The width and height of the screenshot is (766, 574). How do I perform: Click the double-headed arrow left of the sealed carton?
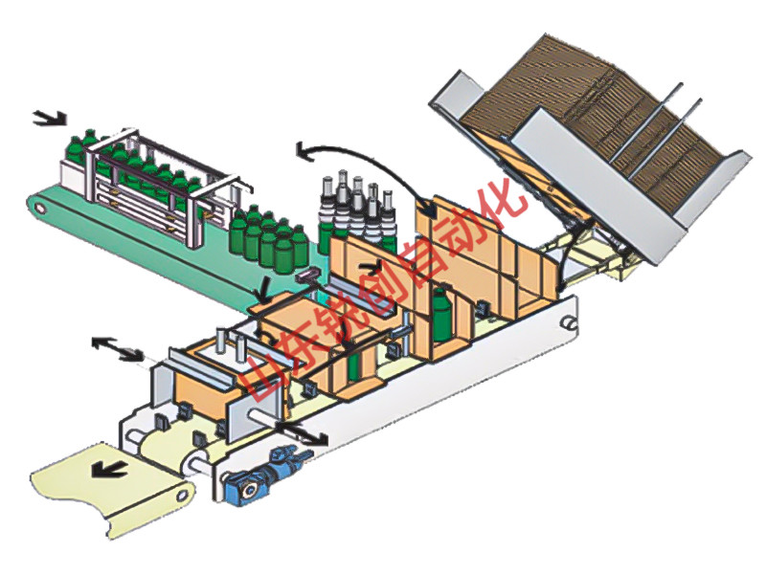[x=112, y=348]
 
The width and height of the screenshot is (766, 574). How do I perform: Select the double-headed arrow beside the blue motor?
[x=299, y=432]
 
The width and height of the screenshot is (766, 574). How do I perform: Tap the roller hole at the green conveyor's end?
[x=37, y=204]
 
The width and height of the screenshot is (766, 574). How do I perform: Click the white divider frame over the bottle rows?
[x=153, y=172]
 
